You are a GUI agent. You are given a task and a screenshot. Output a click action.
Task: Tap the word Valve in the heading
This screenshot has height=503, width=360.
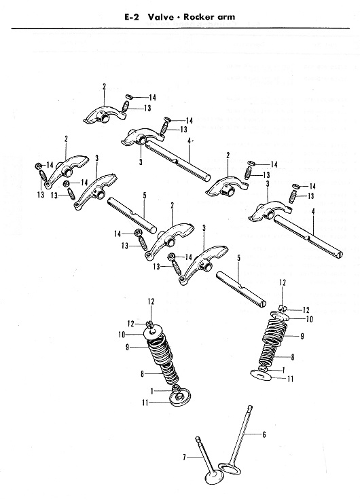(x=156, y=17)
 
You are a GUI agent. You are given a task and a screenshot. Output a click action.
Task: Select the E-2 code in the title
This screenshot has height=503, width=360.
(x=132, y=17)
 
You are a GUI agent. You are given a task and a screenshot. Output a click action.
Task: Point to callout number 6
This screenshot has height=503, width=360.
(x=264, y=434)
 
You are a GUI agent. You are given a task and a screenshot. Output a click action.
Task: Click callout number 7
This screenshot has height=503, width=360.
(x=185, y=457)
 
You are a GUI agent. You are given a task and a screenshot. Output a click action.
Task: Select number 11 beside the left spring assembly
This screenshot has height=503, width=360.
(x=145, y=403)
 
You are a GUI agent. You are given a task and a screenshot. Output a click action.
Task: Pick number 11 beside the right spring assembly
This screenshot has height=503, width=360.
(x=290, y=379)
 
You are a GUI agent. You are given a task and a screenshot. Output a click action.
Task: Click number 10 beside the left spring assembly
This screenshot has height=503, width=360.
(x=122, y=335)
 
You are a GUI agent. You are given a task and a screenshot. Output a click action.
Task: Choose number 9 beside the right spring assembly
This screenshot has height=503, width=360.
(x=302, y=336)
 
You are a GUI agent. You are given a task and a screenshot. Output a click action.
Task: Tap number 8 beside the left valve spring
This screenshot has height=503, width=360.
(x=142, y=373)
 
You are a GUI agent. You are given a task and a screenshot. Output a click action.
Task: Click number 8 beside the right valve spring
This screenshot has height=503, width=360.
(x=292, y=357)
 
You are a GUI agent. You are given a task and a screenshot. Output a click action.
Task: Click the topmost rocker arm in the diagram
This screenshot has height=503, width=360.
(x=105, y=114)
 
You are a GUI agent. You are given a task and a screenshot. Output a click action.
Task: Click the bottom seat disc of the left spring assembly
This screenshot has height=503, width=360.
(x=179, y=397)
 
